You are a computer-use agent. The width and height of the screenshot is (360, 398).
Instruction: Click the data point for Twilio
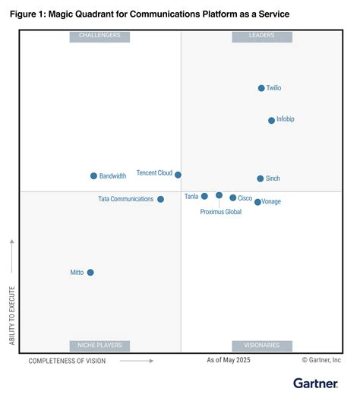pos(261,88)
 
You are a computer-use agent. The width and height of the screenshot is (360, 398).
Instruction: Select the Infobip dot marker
pos(271,120)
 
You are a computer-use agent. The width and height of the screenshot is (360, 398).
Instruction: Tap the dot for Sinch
pos(260,178)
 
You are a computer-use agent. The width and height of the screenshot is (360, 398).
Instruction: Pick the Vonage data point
pos(257,202)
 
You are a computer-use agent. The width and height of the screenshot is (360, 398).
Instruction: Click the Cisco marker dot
pos(233,197)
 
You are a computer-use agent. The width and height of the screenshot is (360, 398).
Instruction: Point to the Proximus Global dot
pos(219,195)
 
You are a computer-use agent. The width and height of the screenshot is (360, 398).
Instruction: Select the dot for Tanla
pos(204,196)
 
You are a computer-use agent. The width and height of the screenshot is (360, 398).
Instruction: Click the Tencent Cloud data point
pos(178,175)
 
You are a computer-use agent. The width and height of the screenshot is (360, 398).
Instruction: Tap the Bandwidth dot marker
pos(93,175)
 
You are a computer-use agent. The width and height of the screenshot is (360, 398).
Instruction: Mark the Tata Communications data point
pos(160,199)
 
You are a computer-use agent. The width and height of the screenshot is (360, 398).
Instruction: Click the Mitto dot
pos(90,272)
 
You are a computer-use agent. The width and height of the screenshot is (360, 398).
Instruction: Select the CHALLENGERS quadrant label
pos(99,36)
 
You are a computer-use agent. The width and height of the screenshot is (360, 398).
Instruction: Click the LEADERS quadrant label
pos(262,36)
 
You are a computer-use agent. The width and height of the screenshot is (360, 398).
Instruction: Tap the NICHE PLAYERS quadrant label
pos(99,346)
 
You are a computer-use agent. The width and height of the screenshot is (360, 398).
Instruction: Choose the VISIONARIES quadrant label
pos(262,346)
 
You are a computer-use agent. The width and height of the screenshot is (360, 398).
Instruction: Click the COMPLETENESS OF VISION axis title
pos(67,361)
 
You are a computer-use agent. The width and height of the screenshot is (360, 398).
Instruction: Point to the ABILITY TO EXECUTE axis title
pos(11,315)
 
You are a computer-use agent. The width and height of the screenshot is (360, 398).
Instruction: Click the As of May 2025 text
pos(228,359)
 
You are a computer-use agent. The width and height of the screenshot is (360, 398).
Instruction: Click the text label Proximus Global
pos(221,212)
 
